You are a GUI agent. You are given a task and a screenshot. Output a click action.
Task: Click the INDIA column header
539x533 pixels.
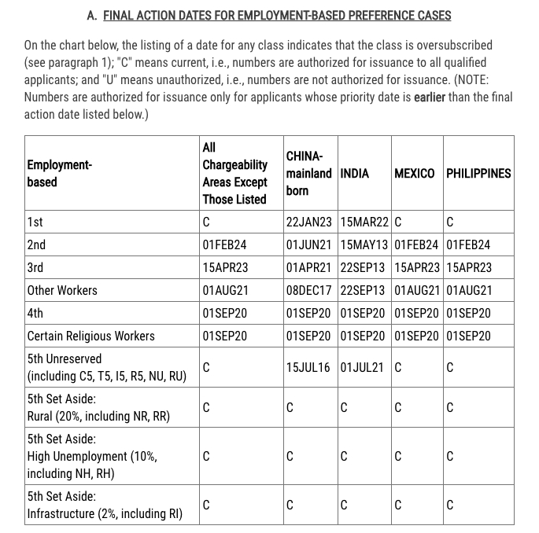(x=355, y=173)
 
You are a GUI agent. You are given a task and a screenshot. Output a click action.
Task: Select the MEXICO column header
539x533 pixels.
(x=415, y=173)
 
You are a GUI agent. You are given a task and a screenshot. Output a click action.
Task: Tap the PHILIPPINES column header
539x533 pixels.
(x=478, y=173)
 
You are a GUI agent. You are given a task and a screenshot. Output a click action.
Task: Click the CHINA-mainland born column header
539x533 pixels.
(x=308, y=173)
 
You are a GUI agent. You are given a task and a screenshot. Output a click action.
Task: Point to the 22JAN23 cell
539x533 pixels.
(x=309, y=222)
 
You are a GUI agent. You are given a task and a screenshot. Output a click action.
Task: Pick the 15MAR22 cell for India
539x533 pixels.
(x=364, y=222)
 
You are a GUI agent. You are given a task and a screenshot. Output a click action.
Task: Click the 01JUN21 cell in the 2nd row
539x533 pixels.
(x=309, y=245)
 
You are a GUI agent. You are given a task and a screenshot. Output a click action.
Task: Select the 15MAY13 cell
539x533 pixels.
(x=364, y=245)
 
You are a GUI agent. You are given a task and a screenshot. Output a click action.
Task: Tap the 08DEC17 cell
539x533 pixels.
(x=309, y=290)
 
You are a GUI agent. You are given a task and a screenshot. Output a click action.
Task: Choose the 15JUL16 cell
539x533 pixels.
(x=308, y=367)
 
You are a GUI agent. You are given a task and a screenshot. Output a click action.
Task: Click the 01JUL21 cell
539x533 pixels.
(x=363, y=367)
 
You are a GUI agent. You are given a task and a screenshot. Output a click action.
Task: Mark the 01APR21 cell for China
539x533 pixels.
(x=309, y=267)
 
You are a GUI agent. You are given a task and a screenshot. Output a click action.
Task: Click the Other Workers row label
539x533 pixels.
(x=63, y=290)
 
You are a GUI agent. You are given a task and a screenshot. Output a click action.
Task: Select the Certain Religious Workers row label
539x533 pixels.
(x=90, y=336)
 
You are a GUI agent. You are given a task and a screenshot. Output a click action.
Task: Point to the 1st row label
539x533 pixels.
(x=35, y=222)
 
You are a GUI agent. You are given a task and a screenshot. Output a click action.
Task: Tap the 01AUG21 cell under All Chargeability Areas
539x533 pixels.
(x=225, y=290)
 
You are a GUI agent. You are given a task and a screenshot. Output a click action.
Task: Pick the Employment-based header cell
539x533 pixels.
(x=60, y=173)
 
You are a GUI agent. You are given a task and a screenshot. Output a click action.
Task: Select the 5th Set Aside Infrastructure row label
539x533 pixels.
(x=104, y=505)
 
